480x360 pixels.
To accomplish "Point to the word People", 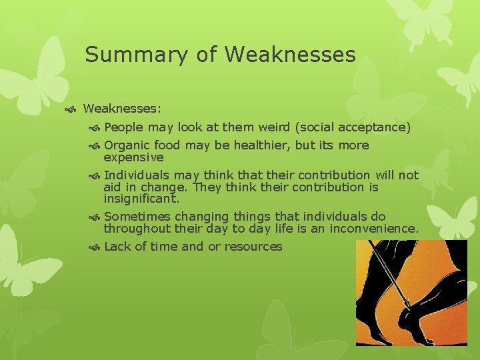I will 124,127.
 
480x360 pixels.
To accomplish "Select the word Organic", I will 127,145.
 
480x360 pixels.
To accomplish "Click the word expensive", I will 133,157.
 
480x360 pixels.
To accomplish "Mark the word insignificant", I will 141,199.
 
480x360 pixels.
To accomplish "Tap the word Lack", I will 118,247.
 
